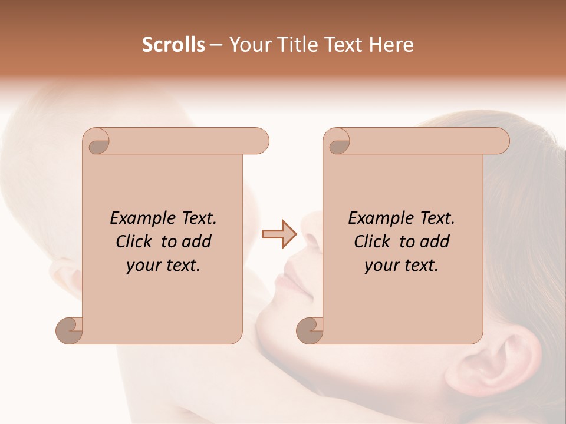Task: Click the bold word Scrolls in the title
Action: click(x=173, y=45)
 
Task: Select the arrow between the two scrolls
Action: click(x=279, y=234)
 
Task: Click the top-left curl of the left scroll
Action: click(x=98, y=143)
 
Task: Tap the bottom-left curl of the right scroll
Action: click(x=310, y=330)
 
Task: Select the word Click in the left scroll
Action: click(x=135, y=241)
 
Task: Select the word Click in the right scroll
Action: click(x=373, y=241)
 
